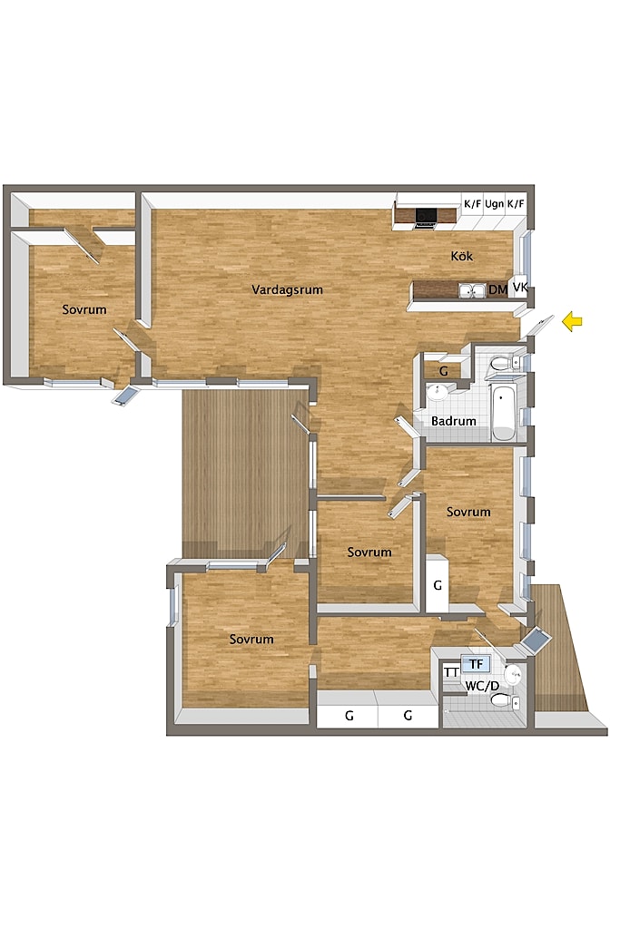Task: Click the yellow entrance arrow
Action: (572, 322)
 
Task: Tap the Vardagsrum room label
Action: (287, 289)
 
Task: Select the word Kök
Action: (462, 256)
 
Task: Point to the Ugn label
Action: (494, 204)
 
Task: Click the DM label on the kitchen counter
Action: (497, 289)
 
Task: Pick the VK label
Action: (520, 288)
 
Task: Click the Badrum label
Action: (454, 421)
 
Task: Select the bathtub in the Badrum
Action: (503, 413)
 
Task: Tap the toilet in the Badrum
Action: (503, 363)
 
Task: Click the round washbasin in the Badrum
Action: (438, 392)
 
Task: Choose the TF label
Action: (477, 664)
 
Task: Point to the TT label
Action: (452, 672)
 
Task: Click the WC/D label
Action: (482, 686)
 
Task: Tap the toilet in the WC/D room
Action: (505, 701)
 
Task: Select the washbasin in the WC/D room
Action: (513, 673)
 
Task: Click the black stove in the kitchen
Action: (426, 217)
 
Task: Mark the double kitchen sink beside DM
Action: (472, 290)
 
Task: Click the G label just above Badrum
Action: (443, 371)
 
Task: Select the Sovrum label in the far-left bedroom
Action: (84, 309)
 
